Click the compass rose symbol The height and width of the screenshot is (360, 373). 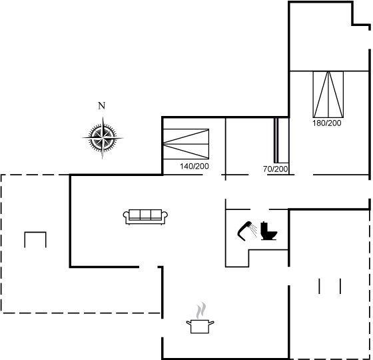103,137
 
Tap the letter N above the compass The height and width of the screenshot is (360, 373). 101,105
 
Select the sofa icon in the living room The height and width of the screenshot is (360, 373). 145,217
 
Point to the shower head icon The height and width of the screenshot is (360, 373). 244,231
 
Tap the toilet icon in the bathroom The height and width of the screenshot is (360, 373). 269,231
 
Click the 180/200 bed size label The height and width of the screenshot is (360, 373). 327,123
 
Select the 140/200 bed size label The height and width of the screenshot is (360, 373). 194,166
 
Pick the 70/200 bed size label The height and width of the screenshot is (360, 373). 276,169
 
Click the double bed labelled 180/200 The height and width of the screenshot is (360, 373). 328,94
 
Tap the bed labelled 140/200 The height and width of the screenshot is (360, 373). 186,144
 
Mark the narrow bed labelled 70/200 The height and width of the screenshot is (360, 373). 281,140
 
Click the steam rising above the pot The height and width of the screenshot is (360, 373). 200,311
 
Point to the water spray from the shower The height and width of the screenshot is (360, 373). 254,230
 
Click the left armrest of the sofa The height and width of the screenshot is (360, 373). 126,215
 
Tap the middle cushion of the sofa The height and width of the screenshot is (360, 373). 145,214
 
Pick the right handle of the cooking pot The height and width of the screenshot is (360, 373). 212,323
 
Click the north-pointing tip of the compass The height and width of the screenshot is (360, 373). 103,117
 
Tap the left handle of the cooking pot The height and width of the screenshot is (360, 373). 189,323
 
